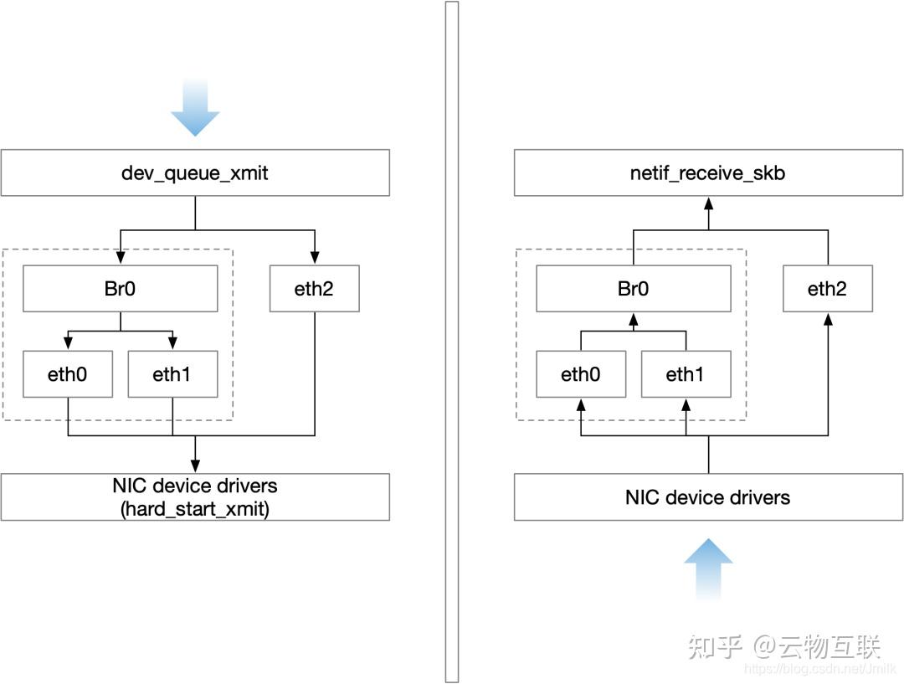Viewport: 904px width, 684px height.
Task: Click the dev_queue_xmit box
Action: [194, 173]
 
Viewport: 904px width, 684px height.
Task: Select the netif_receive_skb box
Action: [708, 173]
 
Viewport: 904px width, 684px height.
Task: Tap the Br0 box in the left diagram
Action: [120, 289]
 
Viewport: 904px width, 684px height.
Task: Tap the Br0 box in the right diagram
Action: [634, 289]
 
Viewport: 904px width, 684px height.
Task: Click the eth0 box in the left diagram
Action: [67, 374]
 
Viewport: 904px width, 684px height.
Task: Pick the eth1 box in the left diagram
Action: [172, 374]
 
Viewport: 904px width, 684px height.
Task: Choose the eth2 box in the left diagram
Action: [315, 289]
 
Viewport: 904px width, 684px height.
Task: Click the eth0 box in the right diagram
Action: [580, 374]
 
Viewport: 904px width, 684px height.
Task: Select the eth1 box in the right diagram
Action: [686, 374]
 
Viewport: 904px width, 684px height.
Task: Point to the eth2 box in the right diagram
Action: [827, 289]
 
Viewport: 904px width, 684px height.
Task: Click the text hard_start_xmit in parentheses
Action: [194, 508]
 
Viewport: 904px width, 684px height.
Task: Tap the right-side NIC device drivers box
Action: [708, 497]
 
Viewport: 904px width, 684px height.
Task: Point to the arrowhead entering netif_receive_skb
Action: [708, 203]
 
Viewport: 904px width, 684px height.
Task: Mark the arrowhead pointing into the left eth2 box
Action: [315, 259]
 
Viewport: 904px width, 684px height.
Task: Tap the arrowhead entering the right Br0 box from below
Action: [634, 318]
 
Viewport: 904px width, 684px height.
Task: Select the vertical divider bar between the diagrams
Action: [452, 342]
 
